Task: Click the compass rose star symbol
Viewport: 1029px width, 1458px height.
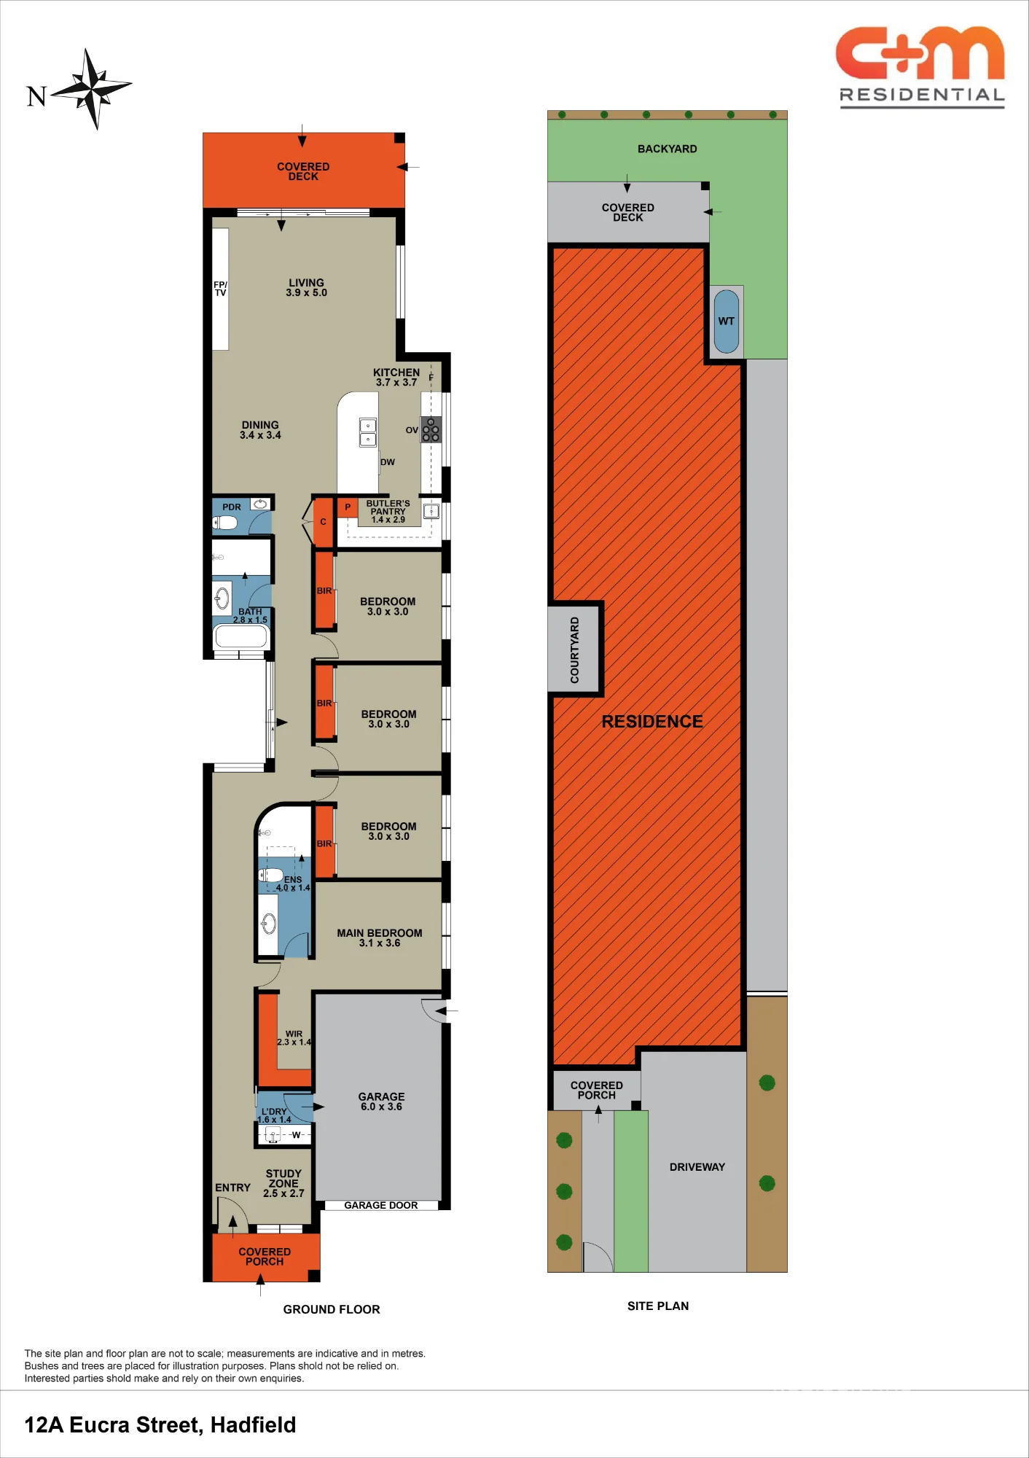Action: pos(93,88)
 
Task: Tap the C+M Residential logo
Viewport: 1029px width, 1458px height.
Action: pos(921,67)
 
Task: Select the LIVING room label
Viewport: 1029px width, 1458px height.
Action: pos(306,288)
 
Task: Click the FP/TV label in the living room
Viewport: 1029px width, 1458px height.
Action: pos(220,289)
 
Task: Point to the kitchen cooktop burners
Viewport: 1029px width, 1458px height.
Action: pos(431,430)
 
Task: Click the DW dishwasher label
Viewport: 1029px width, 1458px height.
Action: pos(388,462)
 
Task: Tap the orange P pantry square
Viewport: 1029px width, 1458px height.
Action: pos(348,507)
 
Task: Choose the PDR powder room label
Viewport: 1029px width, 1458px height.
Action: pos(232,507)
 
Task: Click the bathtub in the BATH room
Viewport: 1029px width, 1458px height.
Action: pos(240,637)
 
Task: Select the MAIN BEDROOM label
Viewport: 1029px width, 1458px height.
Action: pos(380,937)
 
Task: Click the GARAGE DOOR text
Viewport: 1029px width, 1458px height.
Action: pos(381,1205)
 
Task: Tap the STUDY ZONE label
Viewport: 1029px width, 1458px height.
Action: pos(283,1183)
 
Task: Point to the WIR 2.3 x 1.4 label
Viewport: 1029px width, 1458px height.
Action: pos(294,1038)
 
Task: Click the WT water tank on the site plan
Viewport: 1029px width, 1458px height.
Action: pos(727,321)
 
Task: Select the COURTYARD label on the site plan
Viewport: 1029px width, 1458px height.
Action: pos(575,650)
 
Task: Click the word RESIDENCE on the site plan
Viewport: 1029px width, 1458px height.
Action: pos(652,722)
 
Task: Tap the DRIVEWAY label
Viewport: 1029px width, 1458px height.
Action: pos(697,1167)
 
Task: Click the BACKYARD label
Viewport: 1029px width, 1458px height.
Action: pos(668,149)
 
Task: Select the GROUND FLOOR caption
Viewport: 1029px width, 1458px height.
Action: pos(332,1309)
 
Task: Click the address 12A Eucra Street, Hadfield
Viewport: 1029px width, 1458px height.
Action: pos(160,1424)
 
